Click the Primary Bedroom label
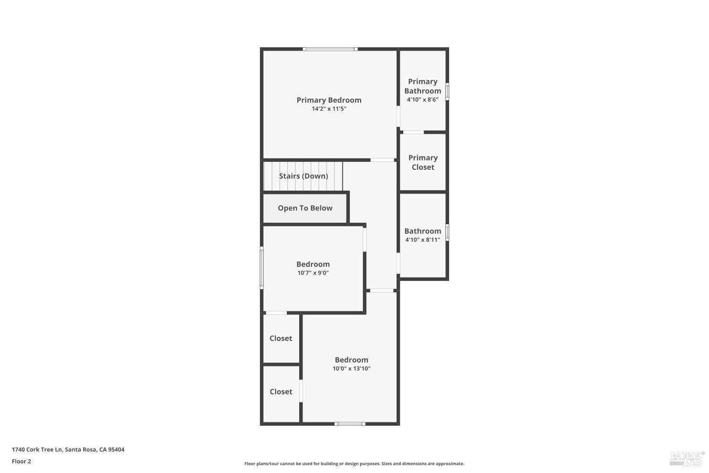(x=329, y=100)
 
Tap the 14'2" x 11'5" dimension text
(x=329, y=109)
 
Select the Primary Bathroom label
(x=423, y=86)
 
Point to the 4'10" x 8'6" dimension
(x=423, y=100)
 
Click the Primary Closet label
(x=423, y=162)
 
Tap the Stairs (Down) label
(x=303, y=176)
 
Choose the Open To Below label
(x=305, y=208)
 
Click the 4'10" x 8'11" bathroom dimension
(x=423, y=240)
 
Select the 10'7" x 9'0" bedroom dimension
(x=313, y=273)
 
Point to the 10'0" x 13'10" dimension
(x=351, y=368)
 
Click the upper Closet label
(x=281, y=338)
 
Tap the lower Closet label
(x=281, y=392)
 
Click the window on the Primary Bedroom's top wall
(x=330, y=49)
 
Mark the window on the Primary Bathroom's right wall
(x=447, y=91)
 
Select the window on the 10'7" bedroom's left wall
(x=261, y=268)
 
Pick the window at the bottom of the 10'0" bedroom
(x=350, y=424)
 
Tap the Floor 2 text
(x=21, y=461)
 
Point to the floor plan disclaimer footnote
(x=354, y=464)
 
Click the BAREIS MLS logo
(x=686, y=458)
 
